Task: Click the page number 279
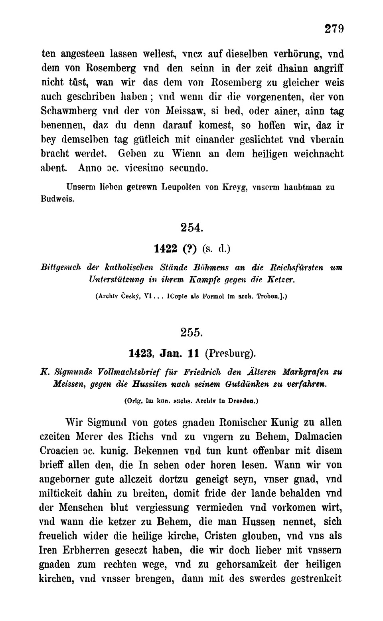coord(334,29)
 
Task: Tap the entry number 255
coord(192,332)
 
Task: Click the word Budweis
coord(57,198)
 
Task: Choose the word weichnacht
coord(318,154)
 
